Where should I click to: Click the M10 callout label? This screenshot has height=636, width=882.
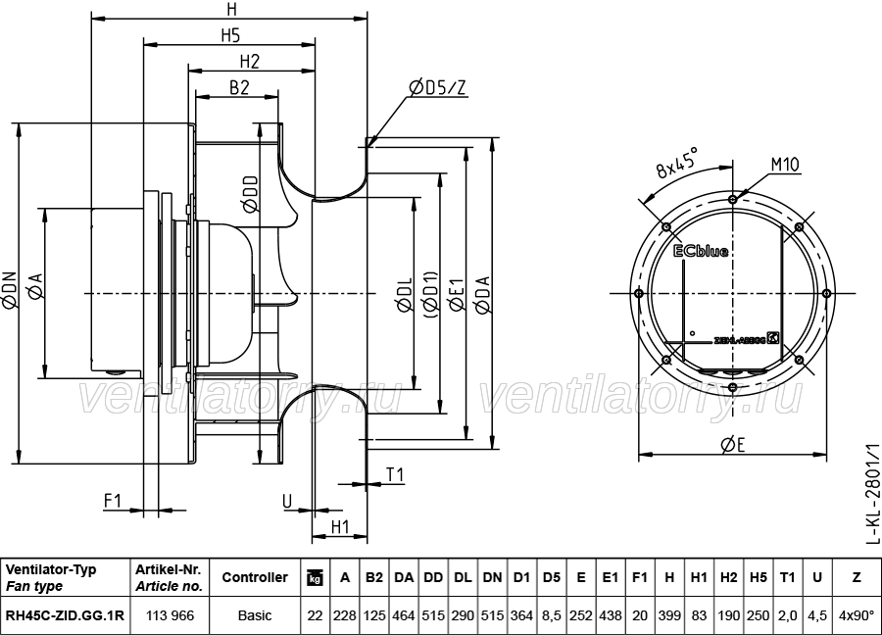(x=783, y=164)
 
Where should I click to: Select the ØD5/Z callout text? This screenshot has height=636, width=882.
(x=438, y=88)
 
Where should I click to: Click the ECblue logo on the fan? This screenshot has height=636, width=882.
(x=701, y=251)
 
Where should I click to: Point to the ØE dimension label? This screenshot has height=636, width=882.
(x=732, y=444)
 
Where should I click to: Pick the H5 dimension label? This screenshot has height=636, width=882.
(x=230, y=35)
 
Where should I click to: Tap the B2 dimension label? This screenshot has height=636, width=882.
(x=239, y=87)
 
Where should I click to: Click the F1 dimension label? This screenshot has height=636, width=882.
(x=113, y=501)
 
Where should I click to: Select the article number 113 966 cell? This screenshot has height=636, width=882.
(x=169, y=616)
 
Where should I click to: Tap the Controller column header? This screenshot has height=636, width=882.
(x=255, y=577)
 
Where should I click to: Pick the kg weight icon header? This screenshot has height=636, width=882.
(x=315, y=578)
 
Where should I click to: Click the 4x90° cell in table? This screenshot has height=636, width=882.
(x=857, y=616)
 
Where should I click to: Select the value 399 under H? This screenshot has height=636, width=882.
(x=669, y=616)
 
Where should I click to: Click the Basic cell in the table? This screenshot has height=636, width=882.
(x=255, y=616)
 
